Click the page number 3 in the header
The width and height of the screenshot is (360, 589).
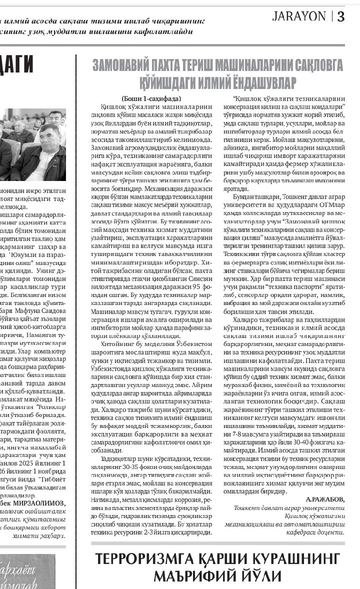(341, 16)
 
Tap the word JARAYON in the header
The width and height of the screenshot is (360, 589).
(299, 16)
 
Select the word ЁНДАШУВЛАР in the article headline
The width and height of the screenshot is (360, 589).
(260, 82)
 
